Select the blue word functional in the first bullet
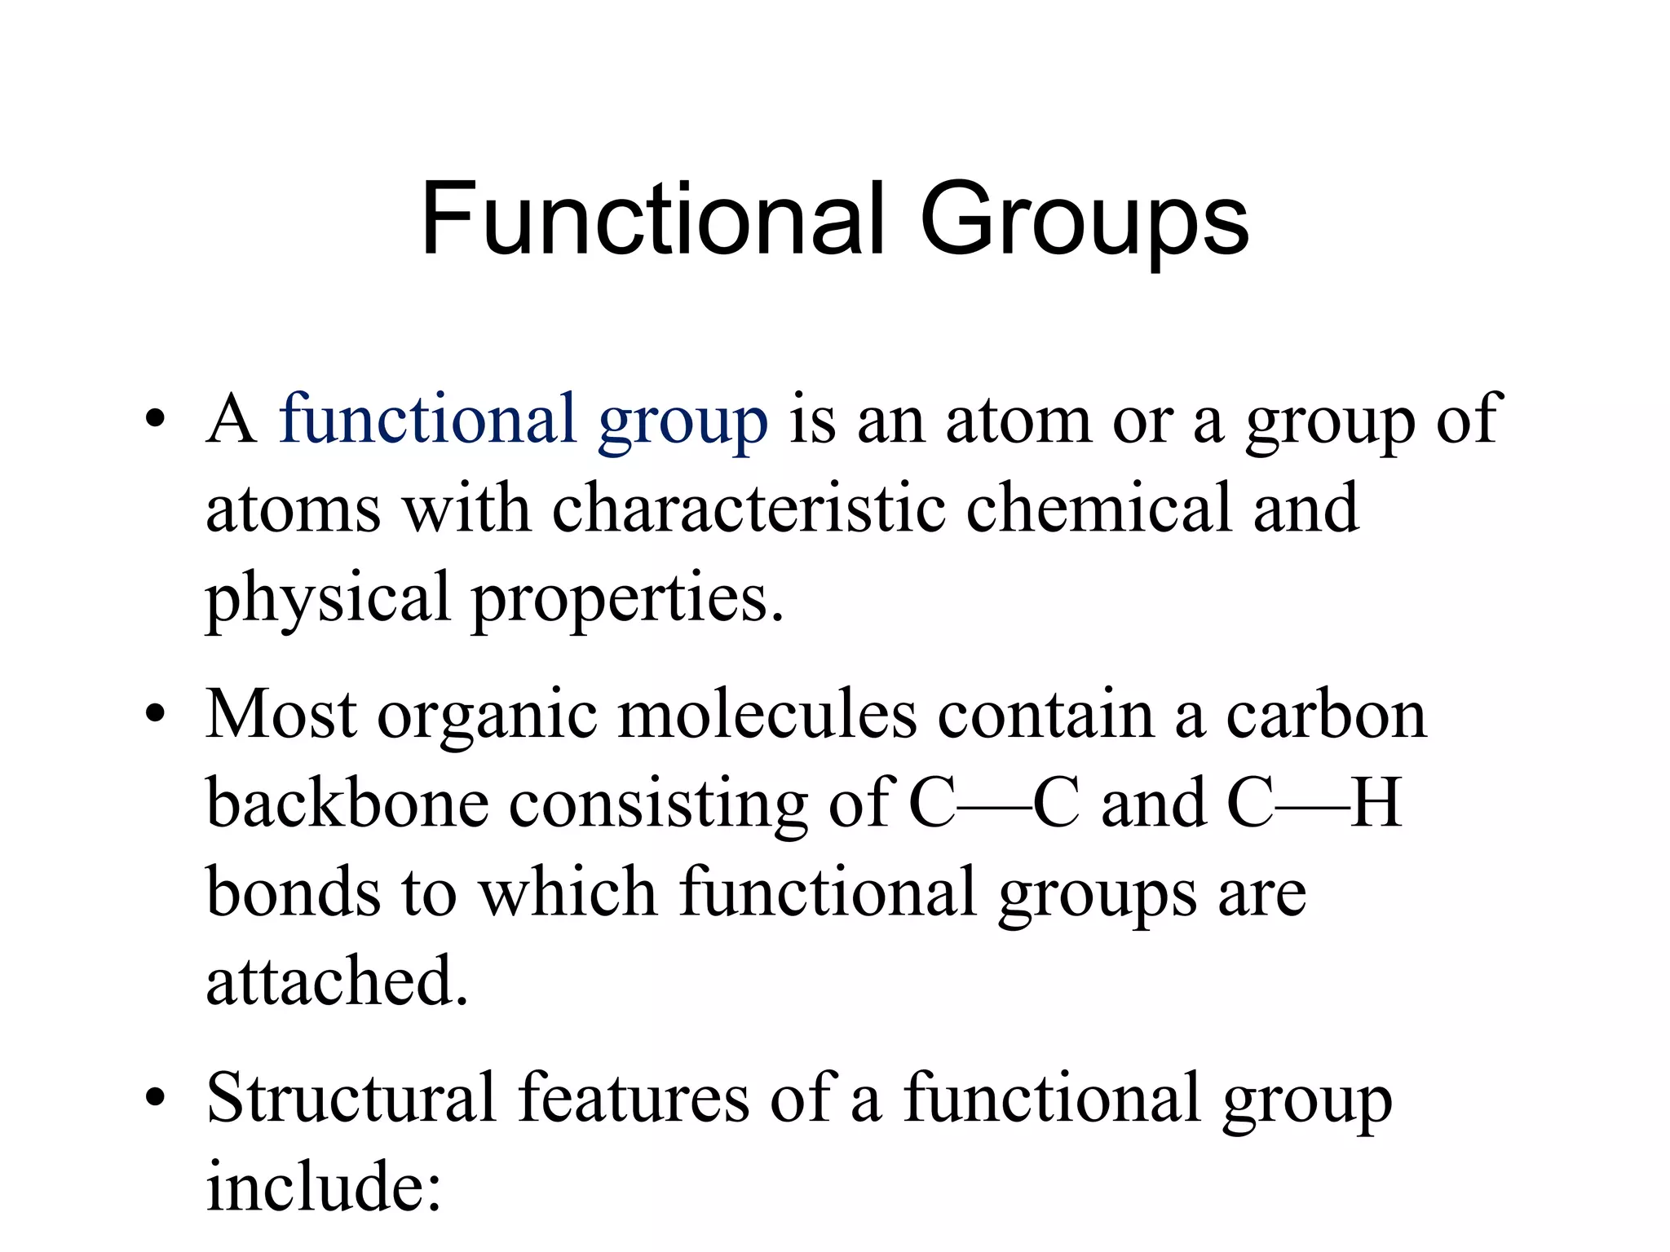tap(427, 419)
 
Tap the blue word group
tap(683, 424)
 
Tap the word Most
tap(281, 714)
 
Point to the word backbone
tap(347, 803)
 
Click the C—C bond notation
tap(994, 803)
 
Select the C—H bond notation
tap(1314, 803)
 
